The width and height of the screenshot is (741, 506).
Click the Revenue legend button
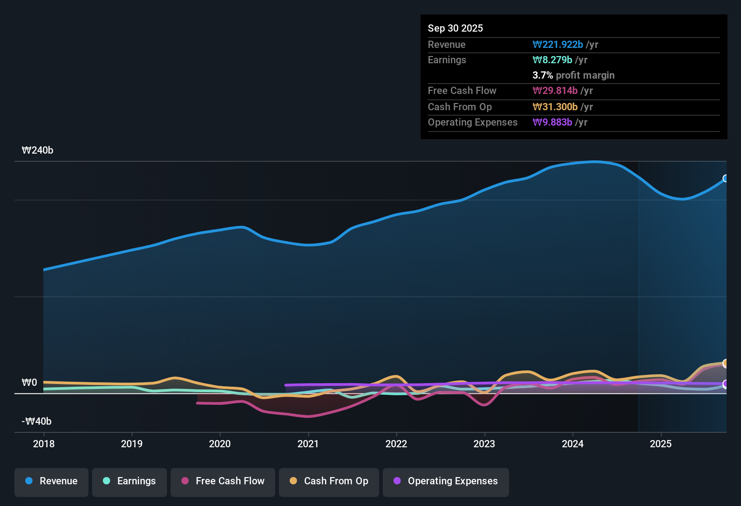point(51,481)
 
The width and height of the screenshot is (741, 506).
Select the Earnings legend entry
point(130,481)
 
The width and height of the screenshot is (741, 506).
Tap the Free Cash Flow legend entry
point(223,481)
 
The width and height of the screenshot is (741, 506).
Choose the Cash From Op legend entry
point(329,481)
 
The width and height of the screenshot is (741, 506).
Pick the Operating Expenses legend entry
point(446,481)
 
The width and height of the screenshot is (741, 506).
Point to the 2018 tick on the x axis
point(44,444)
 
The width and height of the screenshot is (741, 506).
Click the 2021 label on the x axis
point(308,444)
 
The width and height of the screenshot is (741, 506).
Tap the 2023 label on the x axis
point(484,444)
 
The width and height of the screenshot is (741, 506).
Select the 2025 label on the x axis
point(661,444)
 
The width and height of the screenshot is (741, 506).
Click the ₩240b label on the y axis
point(37,150)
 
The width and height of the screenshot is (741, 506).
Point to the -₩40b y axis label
point(37,422)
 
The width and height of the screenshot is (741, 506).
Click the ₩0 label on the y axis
point(29,383)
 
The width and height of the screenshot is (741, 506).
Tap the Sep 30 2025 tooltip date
point(455,28)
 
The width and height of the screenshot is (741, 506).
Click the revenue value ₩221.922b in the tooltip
point(558,44)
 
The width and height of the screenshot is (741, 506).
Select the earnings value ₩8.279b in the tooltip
point(552,60)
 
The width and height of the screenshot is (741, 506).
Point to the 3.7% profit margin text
point(573,75)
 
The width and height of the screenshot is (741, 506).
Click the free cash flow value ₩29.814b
point(555,90)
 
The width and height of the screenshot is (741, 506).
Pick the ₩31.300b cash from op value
point(555,107)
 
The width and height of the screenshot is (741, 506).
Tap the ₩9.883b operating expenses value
point(552,122)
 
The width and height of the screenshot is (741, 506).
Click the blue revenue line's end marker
point(725,178)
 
